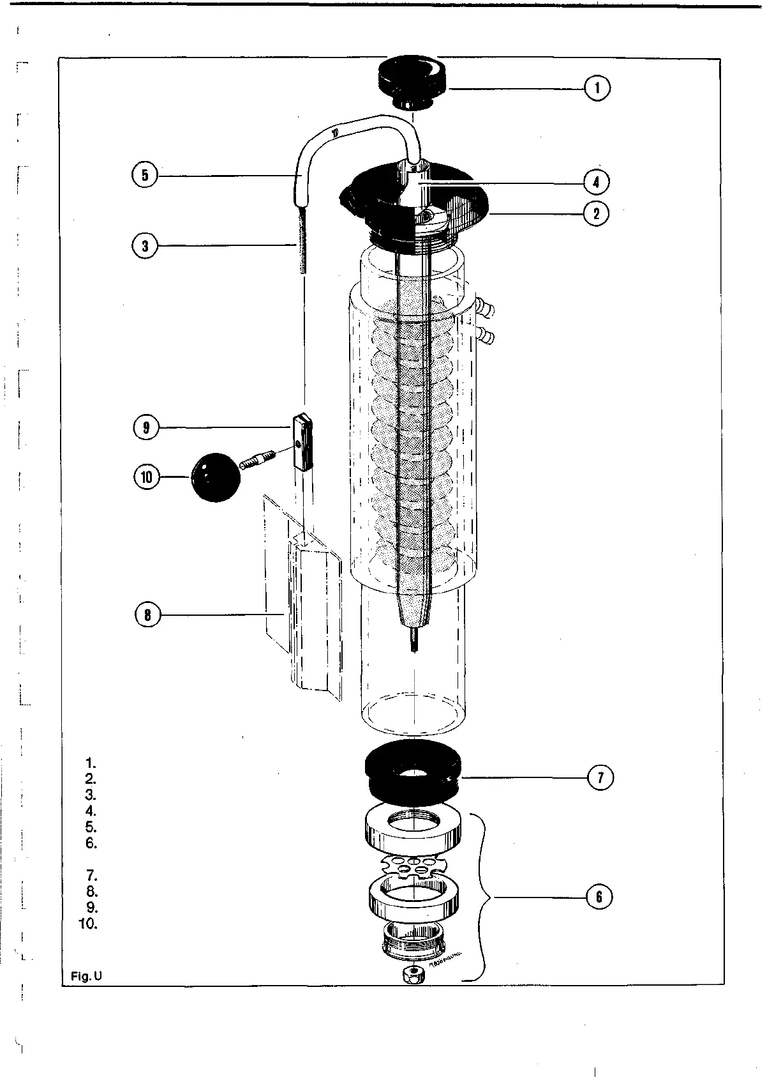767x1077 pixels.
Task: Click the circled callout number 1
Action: (597, 88)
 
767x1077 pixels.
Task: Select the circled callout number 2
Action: (597, 213)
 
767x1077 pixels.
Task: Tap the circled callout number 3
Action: (145, 246)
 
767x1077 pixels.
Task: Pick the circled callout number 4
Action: (597, 181)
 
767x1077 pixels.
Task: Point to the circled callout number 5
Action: (145, 175)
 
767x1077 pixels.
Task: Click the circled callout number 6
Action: (599, 897)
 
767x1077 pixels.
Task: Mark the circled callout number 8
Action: (148, 615)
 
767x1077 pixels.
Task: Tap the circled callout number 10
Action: (147, 477)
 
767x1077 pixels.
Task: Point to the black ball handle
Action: (216, 477)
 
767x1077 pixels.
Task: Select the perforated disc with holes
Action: (412, 867)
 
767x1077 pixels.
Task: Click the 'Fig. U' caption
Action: (86, 976)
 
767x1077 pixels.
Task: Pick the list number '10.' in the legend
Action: (88, 924)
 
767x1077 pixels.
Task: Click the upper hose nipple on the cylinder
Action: (486, 310)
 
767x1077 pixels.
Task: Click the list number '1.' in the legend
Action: (91, 763)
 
